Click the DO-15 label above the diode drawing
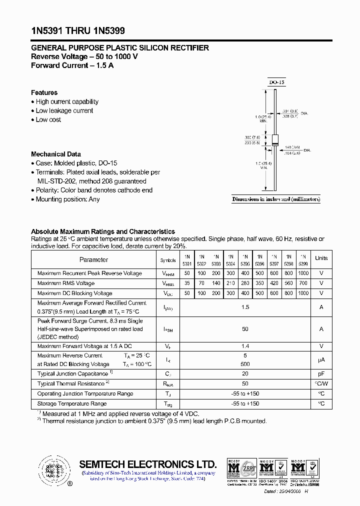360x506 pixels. click(276, 82)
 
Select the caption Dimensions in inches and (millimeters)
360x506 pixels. click(276, 199)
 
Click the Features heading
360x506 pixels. click(44, 92)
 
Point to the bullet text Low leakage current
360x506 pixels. click(64, 110)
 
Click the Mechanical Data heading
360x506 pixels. click(55, 154)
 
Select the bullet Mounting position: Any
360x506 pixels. click(67, 199)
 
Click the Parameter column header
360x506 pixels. click(93, 259)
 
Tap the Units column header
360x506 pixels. click(321, 258)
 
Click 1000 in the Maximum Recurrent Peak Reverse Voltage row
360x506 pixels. click(303, 273)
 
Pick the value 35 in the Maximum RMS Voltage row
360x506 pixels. click(187, 283)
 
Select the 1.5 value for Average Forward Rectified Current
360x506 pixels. click(245, 307)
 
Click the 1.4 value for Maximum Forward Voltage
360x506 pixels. click(245, 345)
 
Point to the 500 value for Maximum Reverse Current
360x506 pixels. click(245, 364)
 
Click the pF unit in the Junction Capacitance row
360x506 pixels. click(321, 373)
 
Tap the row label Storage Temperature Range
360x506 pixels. click(72, 403)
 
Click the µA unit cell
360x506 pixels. click(321, 359)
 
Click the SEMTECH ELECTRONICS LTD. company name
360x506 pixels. click(148, 463)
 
